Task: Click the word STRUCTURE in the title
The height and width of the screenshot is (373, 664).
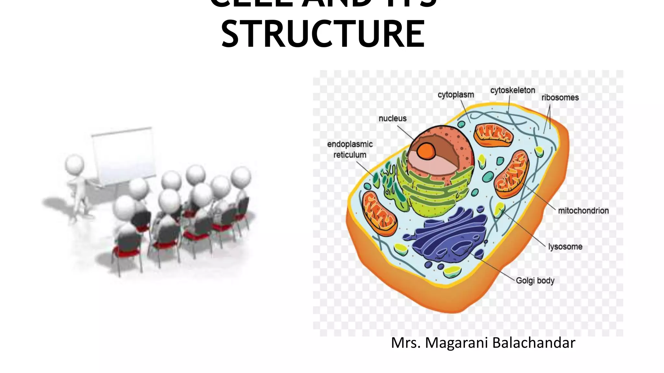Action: [x=323, y=34]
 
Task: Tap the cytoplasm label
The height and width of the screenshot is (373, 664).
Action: [x=456, y=95]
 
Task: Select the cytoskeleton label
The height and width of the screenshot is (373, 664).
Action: [x=512, y=90]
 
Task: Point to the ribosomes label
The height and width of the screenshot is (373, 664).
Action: [x=560, y=97]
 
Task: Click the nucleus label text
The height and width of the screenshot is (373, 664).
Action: [x=392, y=119]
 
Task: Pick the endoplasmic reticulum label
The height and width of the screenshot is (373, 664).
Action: [x=350, y=149]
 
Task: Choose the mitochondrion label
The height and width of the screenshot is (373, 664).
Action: [x=583, y=211]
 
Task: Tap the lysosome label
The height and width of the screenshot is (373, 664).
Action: [x=565, y=247]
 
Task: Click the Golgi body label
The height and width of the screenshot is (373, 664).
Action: [x=535, y=280]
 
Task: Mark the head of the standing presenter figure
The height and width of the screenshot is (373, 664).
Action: [x=75, y=164]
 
